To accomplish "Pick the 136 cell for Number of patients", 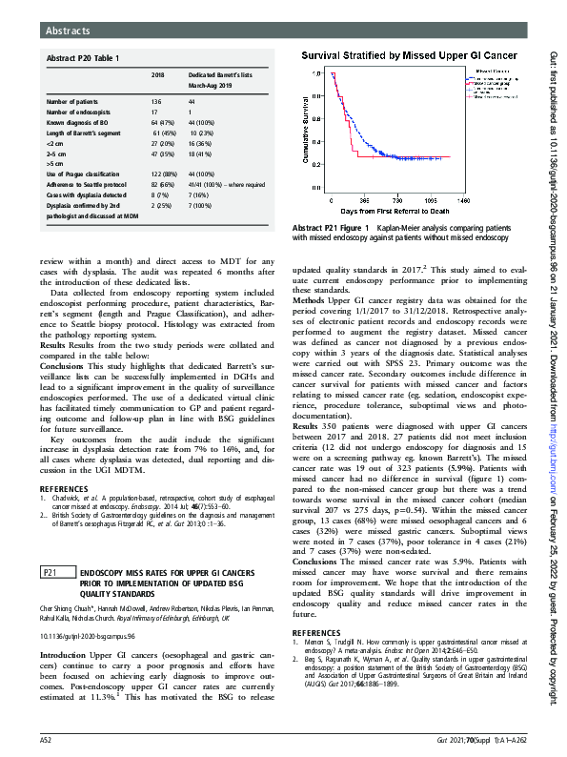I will pos(156,100).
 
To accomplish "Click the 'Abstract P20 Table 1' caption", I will pos(84,58).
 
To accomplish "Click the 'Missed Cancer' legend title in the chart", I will pos(491,71).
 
